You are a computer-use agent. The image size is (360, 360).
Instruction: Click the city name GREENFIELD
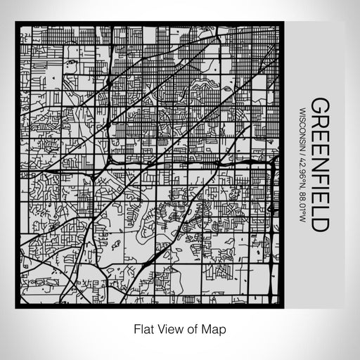(319, 165)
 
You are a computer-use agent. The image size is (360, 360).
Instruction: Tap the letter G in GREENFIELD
(319, 105)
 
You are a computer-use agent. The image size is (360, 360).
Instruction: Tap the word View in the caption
(169, 328)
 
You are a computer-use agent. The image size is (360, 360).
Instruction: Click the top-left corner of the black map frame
(17, 25)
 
